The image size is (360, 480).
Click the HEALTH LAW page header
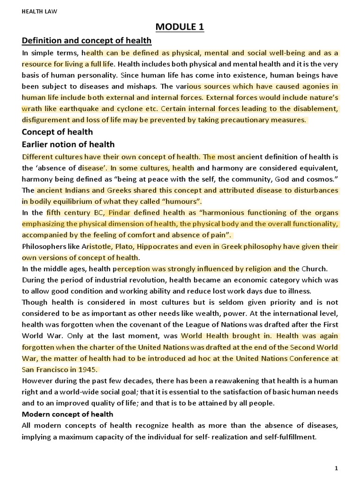[x=39, y=12]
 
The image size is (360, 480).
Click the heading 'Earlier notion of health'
[x=68, y=144]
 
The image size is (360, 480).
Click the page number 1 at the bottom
[x=336, y=468]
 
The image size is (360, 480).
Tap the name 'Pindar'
[x=119, y=213]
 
